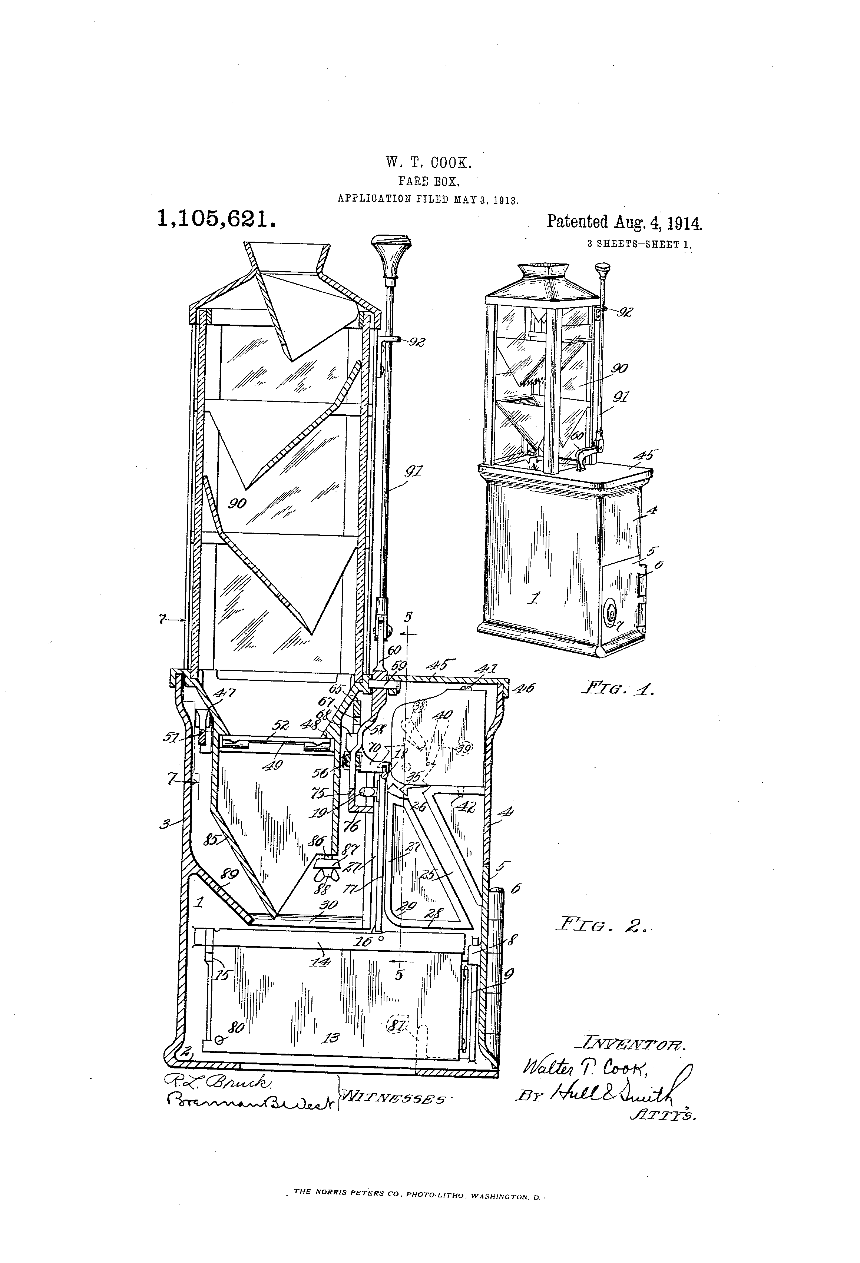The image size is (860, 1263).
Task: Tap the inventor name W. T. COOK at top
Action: point(429,162)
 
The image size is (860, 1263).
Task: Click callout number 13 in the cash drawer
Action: point(331,1038)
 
